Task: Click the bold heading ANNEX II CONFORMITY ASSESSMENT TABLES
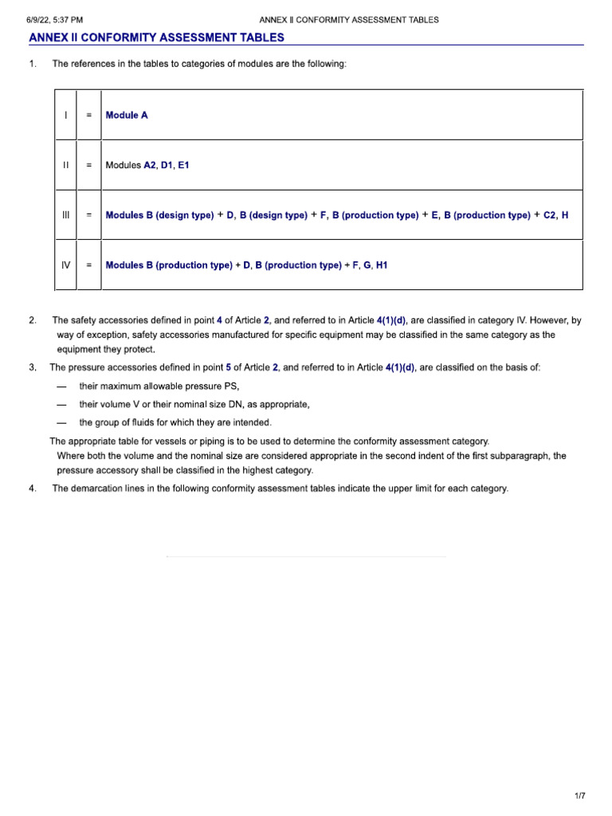tap(156, 37)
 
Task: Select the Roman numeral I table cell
tap(65, 116)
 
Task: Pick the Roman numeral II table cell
tap(65, 165)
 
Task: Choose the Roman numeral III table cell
tap(65, 215)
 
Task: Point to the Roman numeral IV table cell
tap(65, 265)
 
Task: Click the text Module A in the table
tap(127, 116)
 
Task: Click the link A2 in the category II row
tap(150, 165)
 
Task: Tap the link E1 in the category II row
tap(183, 165)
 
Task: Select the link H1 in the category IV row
tap(381, 265)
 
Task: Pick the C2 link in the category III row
tap(550, 215)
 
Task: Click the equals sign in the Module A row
tap(89, 116)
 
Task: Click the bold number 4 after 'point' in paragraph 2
tap(219, 320)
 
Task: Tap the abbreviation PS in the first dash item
tap(233, 386)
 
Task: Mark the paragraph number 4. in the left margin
tap(32, 488)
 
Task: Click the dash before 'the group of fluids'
tap(61, 422)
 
